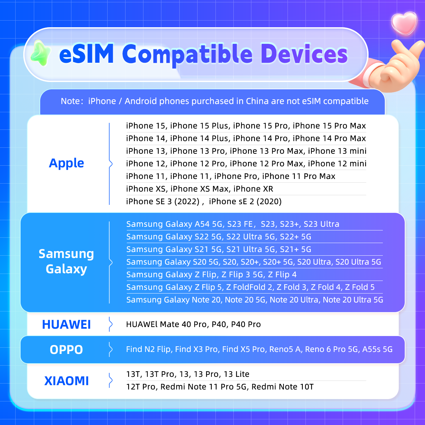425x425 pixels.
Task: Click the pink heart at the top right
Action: coord(404,23)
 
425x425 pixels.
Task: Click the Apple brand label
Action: coord(66,163)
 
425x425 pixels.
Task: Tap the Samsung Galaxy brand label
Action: coord(66,261)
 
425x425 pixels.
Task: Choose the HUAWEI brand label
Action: coord(66,324)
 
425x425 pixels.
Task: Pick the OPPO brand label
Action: coord(66,350)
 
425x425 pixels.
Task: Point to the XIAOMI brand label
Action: coord(66,381)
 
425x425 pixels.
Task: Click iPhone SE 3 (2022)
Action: coord(163,202)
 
